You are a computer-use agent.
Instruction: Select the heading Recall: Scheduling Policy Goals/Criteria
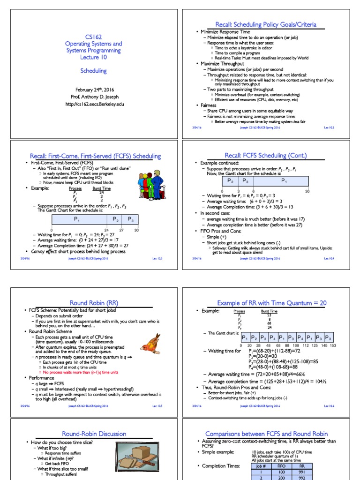266,24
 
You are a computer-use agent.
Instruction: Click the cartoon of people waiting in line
150,185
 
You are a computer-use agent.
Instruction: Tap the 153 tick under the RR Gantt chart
333,346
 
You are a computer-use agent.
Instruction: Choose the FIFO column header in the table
281,466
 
